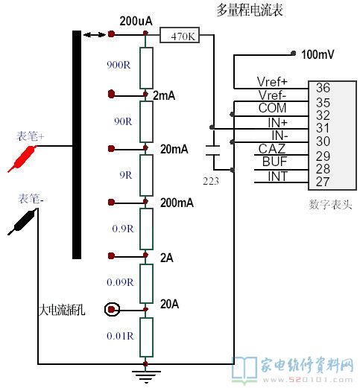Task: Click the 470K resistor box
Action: click(180, 35)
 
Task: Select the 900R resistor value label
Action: click(119, 65)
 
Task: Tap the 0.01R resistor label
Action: click(120, 336)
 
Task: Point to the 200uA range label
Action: click(136, 21)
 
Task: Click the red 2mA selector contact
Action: click(111, 94)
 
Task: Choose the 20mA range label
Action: click(174, 149)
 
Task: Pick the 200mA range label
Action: click(177, 203)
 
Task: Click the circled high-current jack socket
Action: click(112, 310)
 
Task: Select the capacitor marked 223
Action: click(213, 150)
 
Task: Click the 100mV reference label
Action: click(318, 54)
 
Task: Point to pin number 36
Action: click(323, 88)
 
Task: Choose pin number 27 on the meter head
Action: click(323, 182)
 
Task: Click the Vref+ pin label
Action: click(272, 81)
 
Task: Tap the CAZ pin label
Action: click(271, 149)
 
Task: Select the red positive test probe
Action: click(22, 159)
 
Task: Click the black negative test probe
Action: click(22, 222)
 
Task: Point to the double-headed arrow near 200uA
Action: click(94, 34)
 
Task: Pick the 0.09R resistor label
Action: click(120, 282)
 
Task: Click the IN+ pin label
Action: click(277, 122)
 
